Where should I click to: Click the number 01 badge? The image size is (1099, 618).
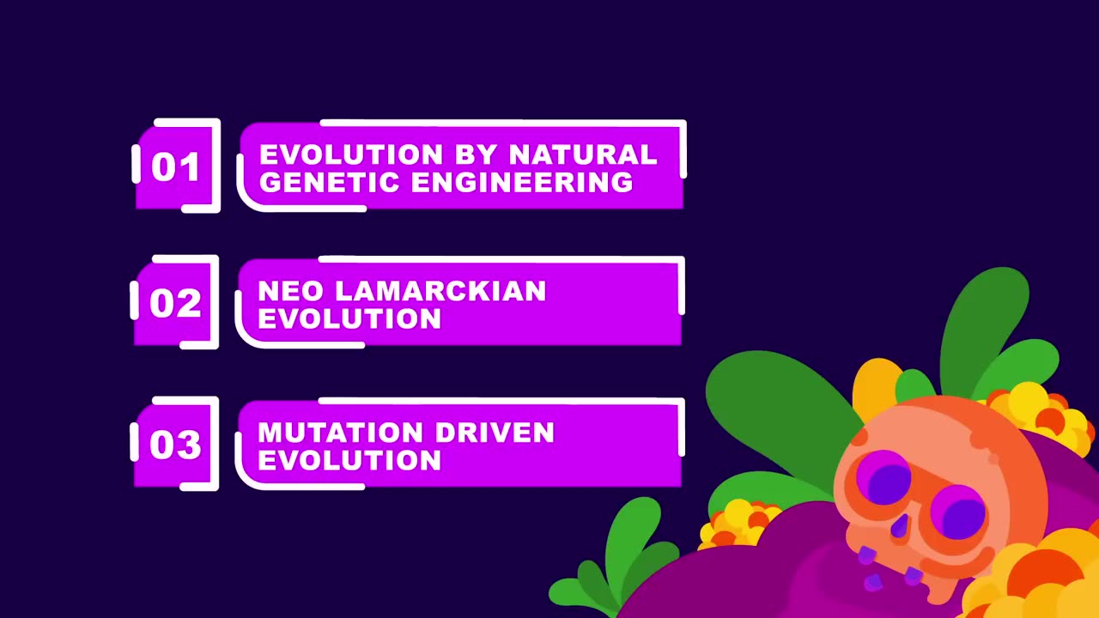176,167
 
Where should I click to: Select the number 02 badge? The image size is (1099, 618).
174,302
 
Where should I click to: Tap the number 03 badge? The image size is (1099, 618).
174,444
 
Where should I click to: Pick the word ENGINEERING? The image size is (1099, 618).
522,182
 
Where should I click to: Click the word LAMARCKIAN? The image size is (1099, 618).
440,291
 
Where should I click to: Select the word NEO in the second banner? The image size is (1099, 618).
290,291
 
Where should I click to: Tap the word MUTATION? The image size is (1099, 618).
340,432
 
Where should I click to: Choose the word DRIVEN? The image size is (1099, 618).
495,432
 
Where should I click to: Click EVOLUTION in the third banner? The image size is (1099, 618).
349,460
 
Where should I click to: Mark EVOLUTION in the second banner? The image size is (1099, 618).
349,318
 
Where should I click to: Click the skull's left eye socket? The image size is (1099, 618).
883,478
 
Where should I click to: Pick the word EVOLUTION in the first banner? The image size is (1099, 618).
351,154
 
